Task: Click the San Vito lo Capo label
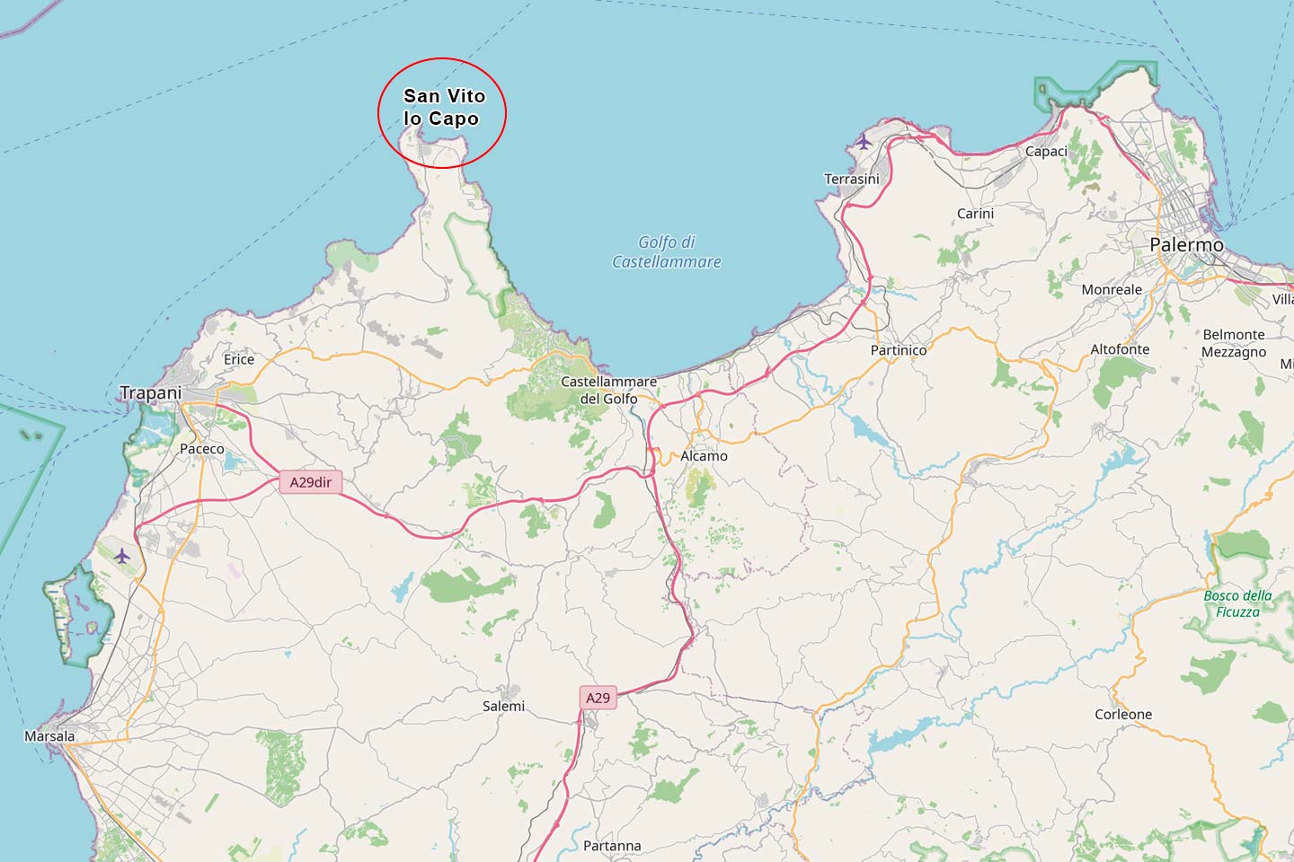[444, 107]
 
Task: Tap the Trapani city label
[150, 392]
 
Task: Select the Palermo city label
[1186, 244]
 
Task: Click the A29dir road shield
[311, 482]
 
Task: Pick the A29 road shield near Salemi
[598, 698]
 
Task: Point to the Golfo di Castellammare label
[667, 251]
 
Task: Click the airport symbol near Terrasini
[864, 141]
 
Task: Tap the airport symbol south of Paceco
[122, 556]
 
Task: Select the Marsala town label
[49, 736]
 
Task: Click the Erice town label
[239, 359]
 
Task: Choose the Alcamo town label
[704, 456]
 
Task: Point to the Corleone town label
[1123, 715]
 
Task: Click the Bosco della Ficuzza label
[1237, 603]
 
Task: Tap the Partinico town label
[898, 350]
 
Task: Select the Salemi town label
[503, 706]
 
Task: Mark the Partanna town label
[612, 846]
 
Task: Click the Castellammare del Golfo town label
[608, 390]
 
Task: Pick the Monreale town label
[1112, 289]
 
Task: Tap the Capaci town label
[1046, 151]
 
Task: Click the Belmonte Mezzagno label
[1234, 343]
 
